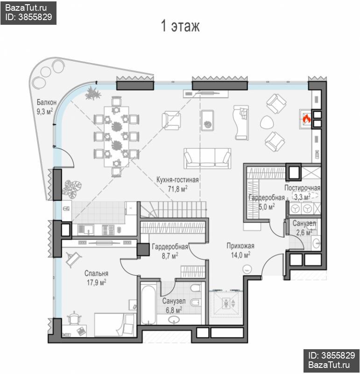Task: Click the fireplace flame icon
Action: [307, 118]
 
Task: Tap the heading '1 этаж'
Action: [180, 26]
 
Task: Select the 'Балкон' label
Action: [47, 102]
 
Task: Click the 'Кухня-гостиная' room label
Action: [177, 180]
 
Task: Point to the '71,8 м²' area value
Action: [177, 189]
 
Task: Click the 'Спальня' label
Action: [96, 273]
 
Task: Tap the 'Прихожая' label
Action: [240, 246]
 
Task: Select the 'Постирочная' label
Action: [302, 188]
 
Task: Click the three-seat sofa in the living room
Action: [207, 158]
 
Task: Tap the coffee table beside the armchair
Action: [207, 120]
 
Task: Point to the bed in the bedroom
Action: [115, 324]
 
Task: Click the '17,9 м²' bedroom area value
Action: [96, 283]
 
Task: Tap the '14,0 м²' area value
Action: [240, 255]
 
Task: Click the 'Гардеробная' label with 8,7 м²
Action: [170, 247]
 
